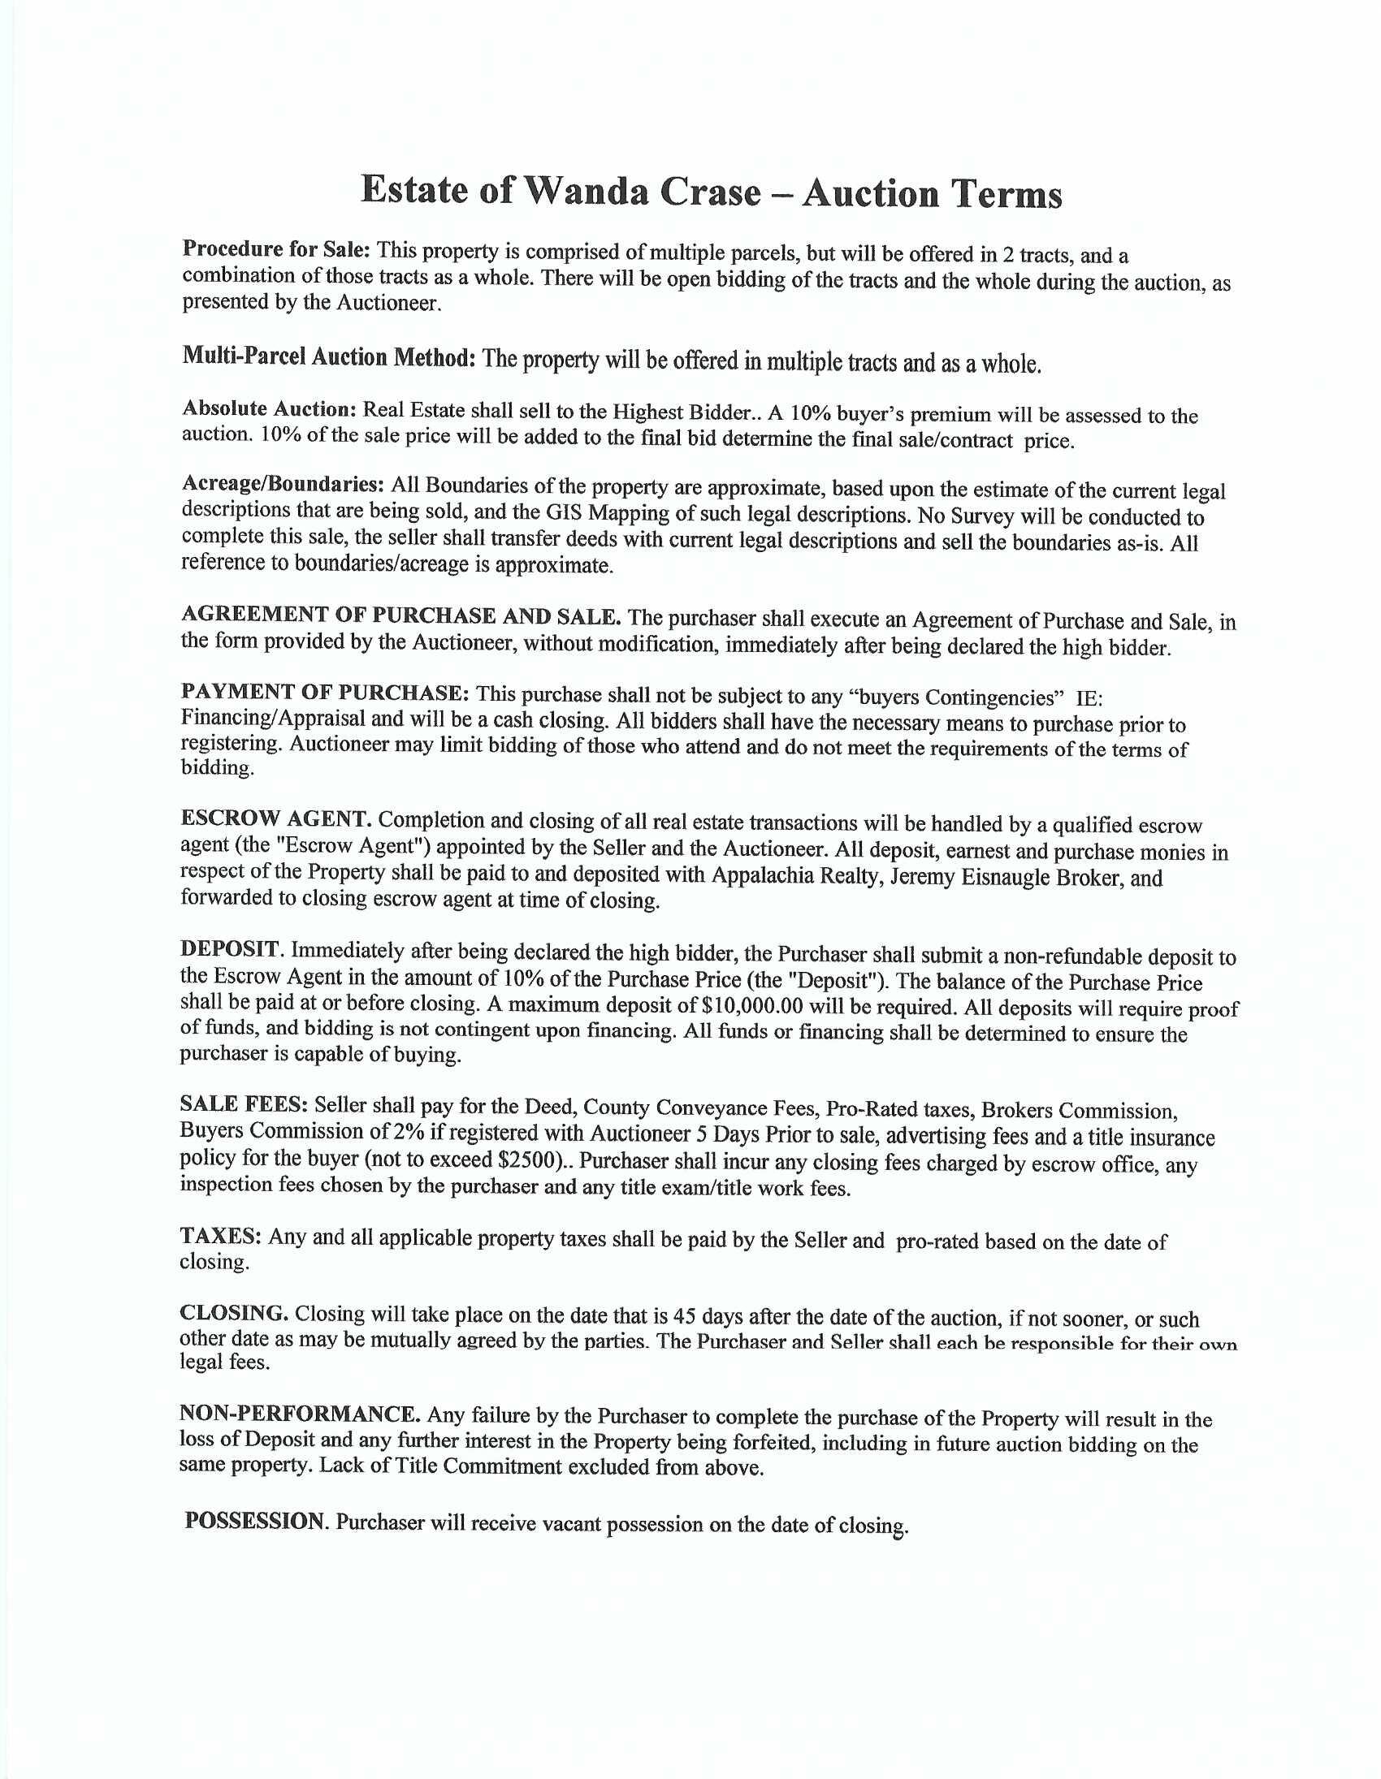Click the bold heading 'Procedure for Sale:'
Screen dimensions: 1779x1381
276,248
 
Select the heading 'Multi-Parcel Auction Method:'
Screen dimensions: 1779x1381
328,356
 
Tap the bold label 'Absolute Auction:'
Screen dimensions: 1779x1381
269,408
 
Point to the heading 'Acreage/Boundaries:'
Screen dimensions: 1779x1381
283,483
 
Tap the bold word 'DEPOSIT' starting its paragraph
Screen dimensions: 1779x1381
230,948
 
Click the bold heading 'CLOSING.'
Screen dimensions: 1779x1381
234,1312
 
